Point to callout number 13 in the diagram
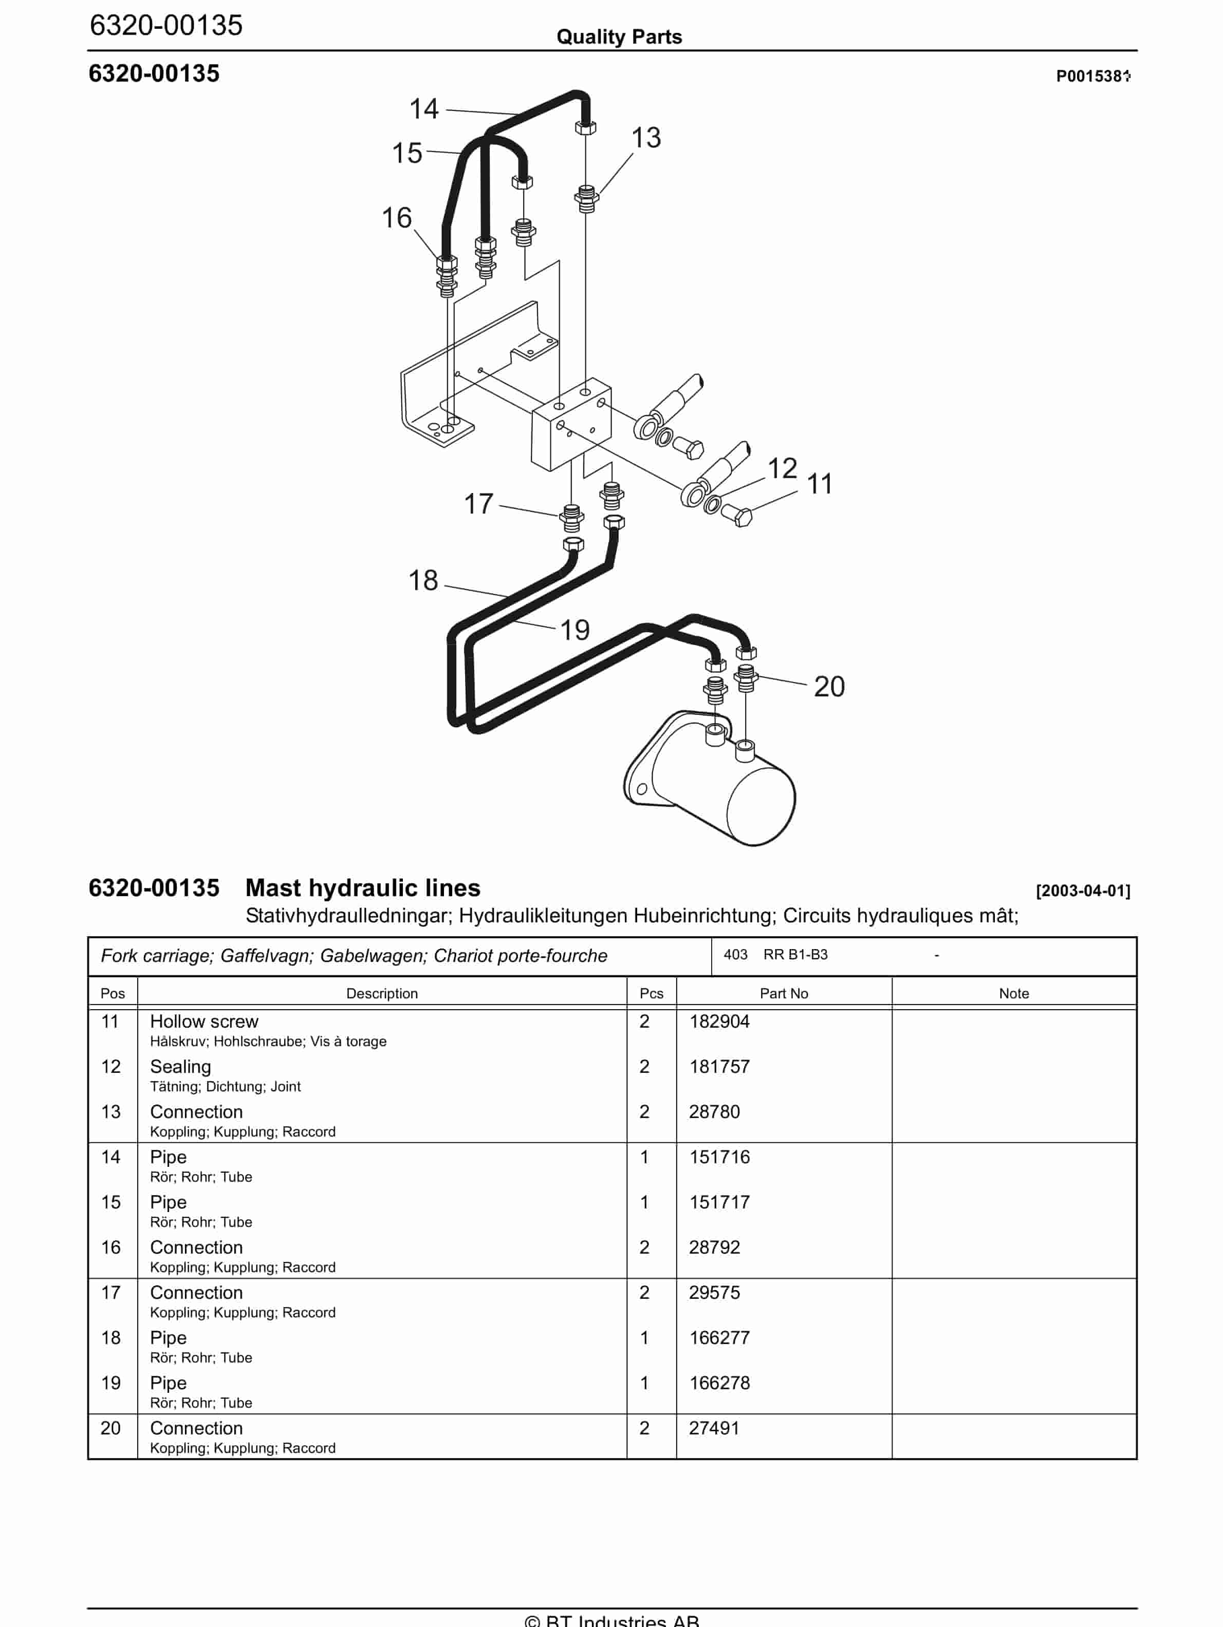pos(645,138)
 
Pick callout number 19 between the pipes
pos(574,630)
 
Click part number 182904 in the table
pos(719,1021)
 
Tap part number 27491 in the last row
pos(714,1428)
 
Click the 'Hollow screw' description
pos(204,1021)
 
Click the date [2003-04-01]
pos(1082,890)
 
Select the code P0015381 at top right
pos(1092,76)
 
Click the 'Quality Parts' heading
pos(619,37)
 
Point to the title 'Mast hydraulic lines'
pos(362,888)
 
